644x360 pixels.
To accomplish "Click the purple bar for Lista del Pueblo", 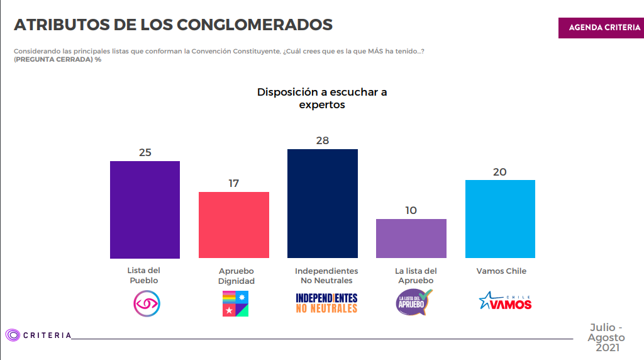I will click(x=145, y=210).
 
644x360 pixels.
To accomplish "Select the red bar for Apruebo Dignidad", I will click(x=234, y=225).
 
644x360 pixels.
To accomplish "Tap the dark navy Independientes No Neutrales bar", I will click(x=323, y=203).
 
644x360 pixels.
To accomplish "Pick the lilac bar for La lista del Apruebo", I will click(x=411, y=239).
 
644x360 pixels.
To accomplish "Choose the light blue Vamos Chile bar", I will click(x=500, y=219).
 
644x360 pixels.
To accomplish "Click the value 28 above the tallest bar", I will click(x=323, y=140).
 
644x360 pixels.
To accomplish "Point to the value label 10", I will click(x=411, y=210).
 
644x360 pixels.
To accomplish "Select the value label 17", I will click(x=234, y=183).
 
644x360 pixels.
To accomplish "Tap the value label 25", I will click(x=145, y=152).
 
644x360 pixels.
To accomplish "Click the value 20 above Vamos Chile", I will click(x=500, y=172).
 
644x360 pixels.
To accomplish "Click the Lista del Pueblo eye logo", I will click(x=147, y=303).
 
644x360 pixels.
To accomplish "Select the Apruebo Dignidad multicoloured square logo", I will click(x=235, y=303).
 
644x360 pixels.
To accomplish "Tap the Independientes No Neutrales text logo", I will click(x=326, y=303).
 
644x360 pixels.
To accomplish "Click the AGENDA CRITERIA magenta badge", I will click(x=601, y=28).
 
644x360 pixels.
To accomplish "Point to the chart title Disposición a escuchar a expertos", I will click(x=322, y=99).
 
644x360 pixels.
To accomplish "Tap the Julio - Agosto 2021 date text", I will click(x=607, y=338).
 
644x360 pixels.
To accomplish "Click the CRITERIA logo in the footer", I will click(x=38, y=335).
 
